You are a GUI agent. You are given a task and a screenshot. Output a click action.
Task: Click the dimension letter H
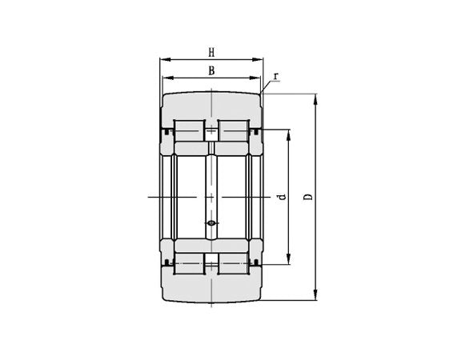211,53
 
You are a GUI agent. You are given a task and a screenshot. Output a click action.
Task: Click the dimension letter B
211,71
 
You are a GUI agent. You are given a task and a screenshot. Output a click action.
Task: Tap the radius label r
276,77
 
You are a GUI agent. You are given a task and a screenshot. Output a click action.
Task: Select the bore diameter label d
282,197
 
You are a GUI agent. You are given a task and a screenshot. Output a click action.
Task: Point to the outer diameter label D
308,197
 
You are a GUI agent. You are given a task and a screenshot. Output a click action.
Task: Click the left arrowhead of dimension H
166,60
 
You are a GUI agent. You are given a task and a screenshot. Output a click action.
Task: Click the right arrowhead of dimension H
258,60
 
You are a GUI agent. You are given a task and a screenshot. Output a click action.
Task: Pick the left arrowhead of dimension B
168,78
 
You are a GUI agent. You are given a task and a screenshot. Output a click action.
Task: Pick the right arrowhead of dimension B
255,78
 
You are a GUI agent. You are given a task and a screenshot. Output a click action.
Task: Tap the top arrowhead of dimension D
316,99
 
